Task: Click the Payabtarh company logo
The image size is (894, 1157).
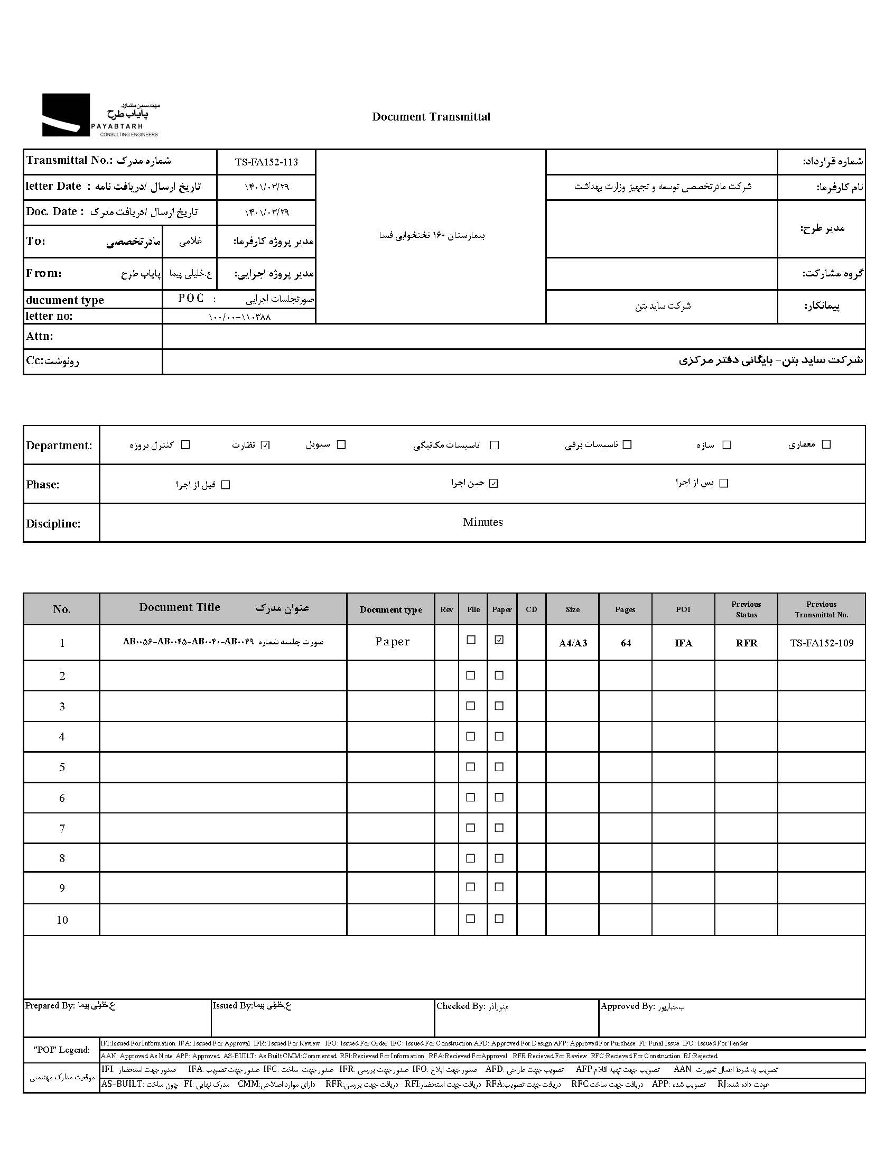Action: point(100,115)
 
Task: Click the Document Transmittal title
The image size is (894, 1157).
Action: point(431,117)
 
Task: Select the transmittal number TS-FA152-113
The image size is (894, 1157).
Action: point(266,162)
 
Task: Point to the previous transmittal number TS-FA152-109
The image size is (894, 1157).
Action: point(822,643)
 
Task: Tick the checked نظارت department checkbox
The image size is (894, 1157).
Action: point(266,445)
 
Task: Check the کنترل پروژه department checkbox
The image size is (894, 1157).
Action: point(185,445)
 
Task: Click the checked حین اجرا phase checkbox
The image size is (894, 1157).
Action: point(493,483)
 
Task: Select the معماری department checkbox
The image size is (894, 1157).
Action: point(826,445)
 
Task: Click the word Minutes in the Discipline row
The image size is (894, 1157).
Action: point(482,522)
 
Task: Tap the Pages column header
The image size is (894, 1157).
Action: point(625,609)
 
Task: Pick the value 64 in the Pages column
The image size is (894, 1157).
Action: point(626,643)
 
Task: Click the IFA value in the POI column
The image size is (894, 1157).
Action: point(683,643)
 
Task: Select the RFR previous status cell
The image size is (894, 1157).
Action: point(746,643)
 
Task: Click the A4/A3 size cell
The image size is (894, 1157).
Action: point(573,643)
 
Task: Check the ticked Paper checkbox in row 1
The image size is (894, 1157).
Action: point(499,640)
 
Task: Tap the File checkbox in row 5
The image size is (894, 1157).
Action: point(470,766)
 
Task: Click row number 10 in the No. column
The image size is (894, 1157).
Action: point(62,920)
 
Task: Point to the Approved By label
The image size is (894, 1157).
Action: point(628,1006)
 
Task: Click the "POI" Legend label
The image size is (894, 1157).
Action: point(61,1050)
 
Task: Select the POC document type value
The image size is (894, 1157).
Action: point(191,298)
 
